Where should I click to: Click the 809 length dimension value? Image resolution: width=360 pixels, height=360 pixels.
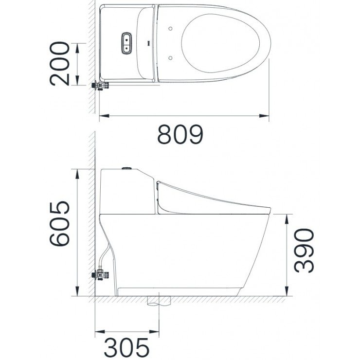point(180,135)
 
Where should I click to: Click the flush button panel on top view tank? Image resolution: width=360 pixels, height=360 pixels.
point(126,42)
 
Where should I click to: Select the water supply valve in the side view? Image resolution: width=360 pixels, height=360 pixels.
point(101,275)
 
